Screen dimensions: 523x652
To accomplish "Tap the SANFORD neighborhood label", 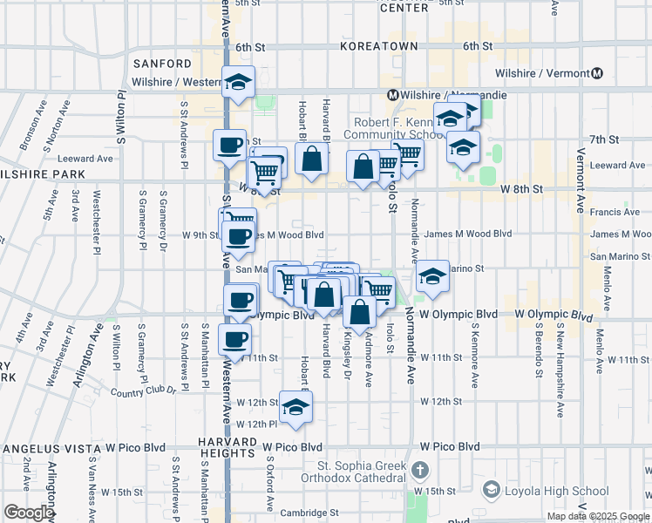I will (162, 64).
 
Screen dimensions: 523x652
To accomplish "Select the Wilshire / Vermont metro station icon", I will (597, 74).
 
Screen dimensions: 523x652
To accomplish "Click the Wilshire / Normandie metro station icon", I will (393, 95).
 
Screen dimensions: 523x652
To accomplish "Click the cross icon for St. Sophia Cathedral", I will (421, 471).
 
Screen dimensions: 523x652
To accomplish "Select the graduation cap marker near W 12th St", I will (295, 406).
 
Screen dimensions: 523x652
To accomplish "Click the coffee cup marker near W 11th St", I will (234, 339).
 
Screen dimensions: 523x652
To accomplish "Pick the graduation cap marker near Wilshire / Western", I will (238, 82).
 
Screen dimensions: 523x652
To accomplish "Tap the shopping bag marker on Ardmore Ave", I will (359, 311).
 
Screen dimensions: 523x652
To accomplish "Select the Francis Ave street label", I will (615, 212).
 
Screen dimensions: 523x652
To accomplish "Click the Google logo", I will (28, 512).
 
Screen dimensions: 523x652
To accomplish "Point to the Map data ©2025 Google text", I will (598, 516).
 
